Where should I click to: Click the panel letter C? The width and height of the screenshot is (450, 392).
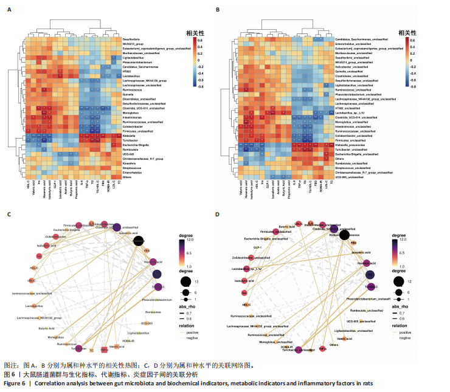8,214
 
